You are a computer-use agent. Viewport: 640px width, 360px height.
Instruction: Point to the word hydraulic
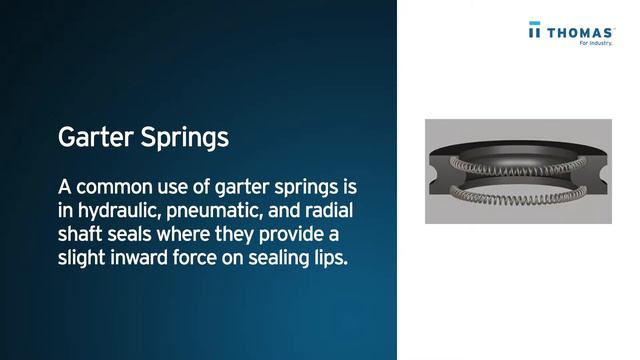[x=121, y=212]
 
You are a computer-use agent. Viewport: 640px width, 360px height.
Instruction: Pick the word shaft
[x=81, y=235]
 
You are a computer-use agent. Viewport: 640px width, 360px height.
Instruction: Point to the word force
[x=205, y=258]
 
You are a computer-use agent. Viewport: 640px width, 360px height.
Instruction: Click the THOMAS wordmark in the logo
[x=578, y=32]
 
